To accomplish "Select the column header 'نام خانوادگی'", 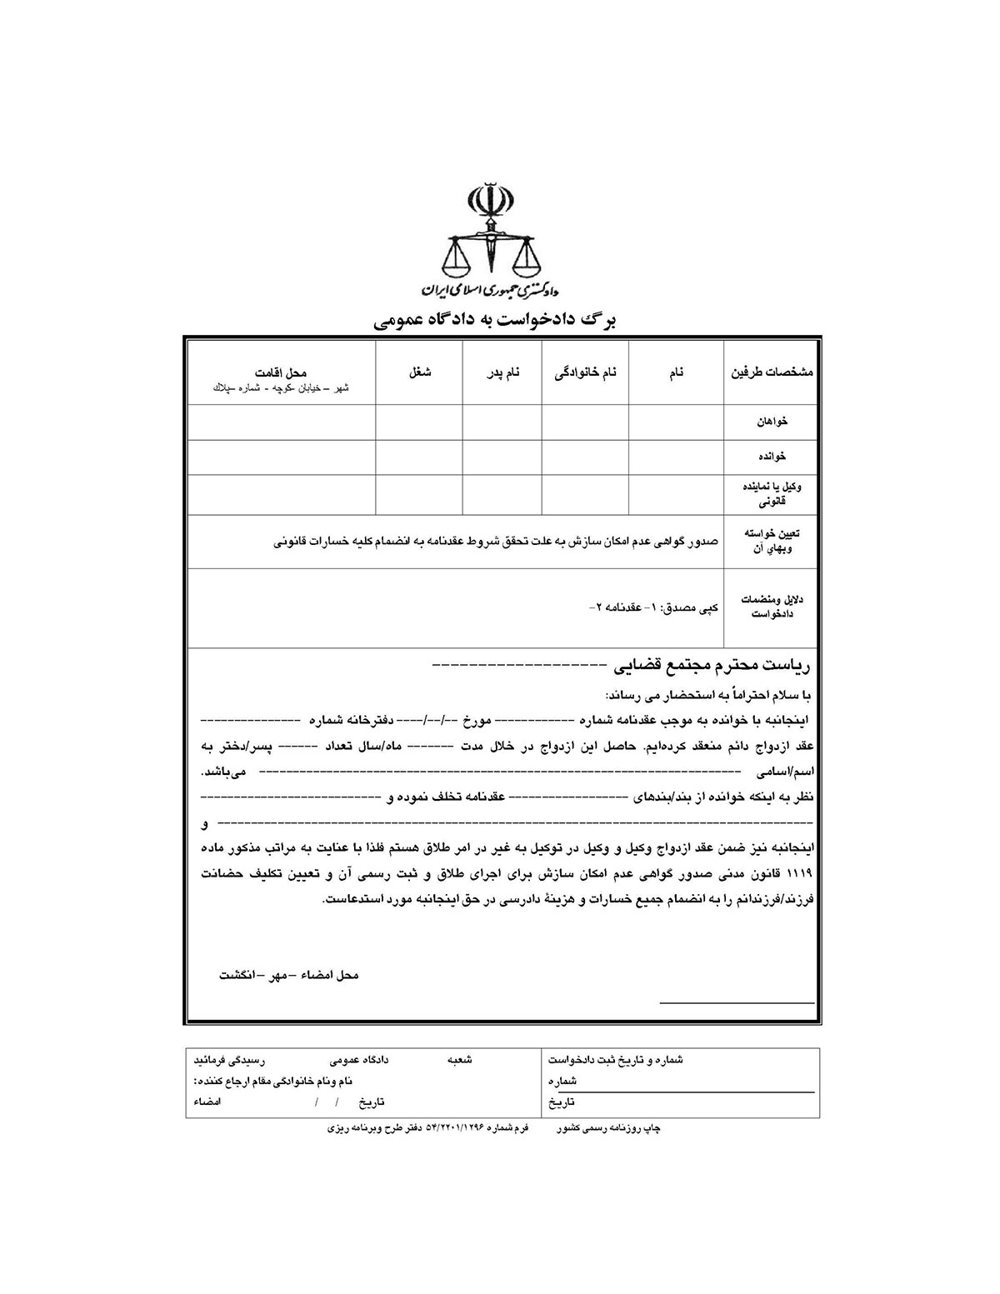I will coord(586,373).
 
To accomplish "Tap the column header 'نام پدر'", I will coord(503,373).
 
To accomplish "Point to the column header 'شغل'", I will coord(419,373).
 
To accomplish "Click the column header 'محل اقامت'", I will coord(281,372).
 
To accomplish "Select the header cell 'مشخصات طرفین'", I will coord(772,373).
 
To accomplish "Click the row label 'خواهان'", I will coord(772,422).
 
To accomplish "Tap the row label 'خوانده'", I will coord(772,457).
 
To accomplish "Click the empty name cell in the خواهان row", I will coord(676,422).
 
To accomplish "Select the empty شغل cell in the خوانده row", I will coord(419,457).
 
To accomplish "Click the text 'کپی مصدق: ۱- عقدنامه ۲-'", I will coord(652,607).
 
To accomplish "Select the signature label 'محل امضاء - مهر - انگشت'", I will coord(288,974).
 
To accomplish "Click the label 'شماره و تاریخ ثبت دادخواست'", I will coord(616,1060).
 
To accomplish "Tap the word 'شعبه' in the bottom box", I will coord(460,1060).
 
